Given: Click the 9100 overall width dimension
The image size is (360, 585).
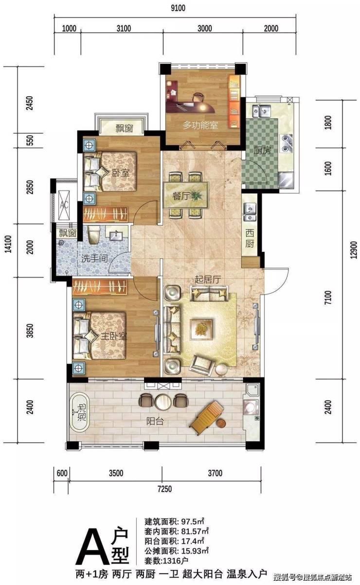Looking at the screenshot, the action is tap(178, 8).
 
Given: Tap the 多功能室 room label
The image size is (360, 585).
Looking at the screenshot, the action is tap(200, 125).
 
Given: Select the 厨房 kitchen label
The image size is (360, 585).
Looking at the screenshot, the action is tap(262, 150).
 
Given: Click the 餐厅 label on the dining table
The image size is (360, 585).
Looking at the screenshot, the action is tap(180, 196).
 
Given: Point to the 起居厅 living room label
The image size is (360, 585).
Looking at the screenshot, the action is tap(208, 280).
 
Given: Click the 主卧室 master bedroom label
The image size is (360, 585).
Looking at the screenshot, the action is tap(114, 336).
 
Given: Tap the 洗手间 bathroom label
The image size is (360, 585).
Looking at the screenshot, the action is tap(94, 259).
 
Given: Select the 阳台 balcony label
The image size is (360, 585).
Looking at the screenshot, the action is tap(155, 421).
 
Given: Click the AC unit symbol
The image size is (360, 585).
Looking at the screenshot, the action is tap(64, 205).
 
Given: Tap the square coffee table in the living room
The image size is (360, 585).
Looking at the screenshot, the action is tap(201, 329).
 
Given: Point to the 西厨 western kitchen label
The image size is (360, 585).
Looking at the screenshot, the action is tap(250, 238).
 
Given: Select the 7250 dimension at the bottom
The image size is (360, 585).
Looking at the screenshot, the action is tap(164, 489).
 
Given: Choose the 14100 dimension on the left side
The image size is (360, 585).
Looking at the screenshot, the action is tap(8, 244).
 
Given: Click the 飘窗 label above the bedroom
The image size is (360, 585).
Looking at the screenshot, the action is tap(125, 128).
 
